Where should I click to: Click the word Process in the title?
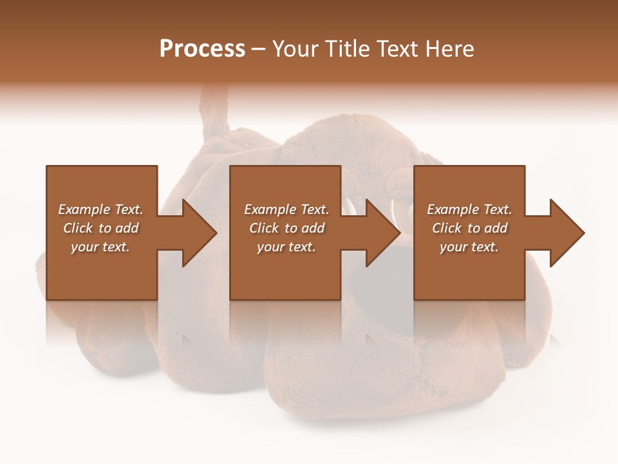(202, 49)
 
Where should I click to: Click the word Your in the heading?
(296, 49)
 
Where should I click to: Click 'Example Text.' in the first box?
(100, 209)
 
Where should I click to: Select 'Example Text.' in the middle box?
(286, 209)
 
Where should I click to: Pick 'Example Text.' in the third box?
(469, 209)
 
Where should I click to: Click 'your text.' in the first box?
(100, 247)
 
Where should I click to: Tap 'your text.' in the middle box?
(286, 247)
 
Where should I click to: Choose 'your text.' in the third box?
(469, 247)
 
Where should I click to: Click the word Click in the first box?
(78, 228)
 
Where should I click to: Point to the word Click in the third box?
(447, 228)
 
